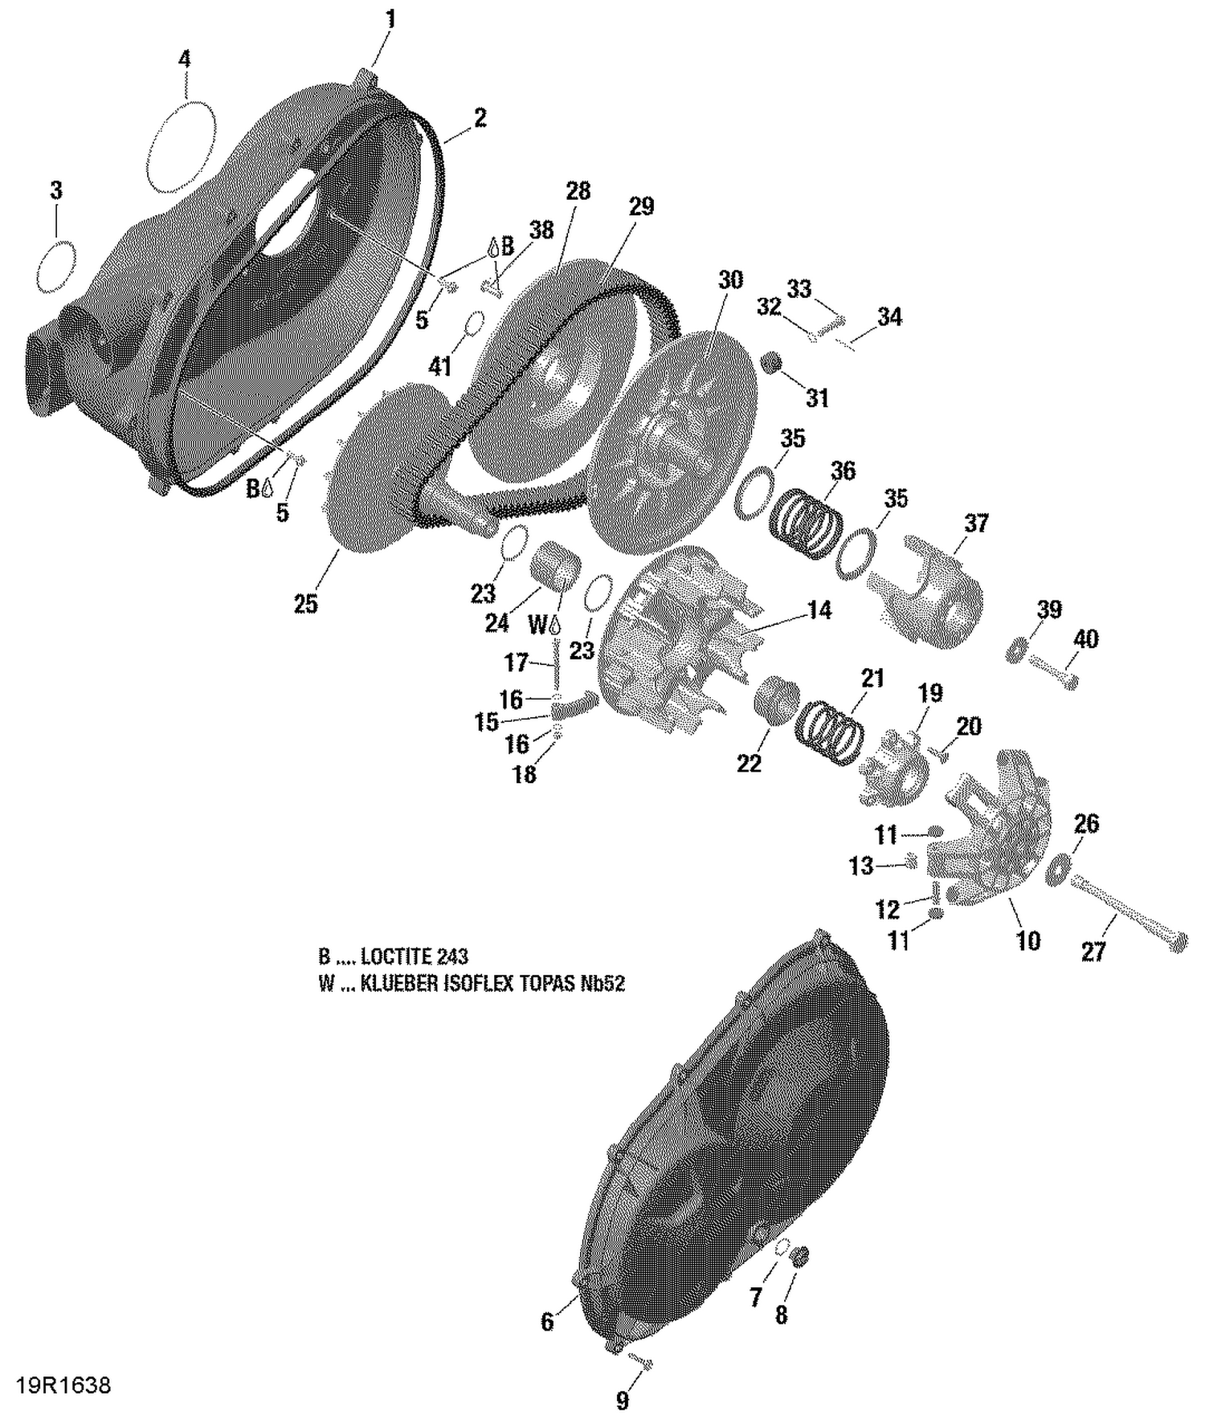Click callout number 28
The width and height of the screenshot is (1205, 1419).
[578, 191]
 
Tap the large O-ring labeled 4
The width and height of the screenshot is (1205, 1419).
[182, 146]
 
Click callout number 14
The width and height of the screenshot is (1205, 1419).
[819, 610]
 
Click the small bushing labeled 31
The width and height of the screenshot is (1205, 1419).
[772, 362]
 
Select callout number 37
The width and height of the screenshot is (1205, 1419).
[976, 524]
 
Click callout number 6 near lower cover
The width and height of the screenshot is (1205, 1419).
[547, 1322]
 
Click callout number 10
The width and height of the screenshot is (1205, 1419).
[1028, 940]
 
